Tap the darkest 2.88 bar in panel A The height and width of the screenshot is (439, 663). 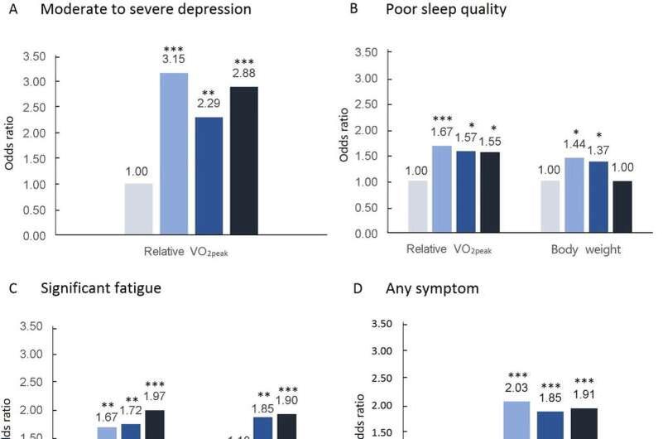245,161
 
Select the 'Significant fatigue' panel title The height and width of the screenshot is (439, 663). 102,288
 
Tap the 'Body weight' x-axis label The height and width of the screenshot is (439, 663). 584,248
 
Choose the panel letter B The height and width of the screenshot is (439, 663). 354,11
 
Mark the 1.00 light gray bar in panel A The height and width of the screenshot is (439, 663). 138,209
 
